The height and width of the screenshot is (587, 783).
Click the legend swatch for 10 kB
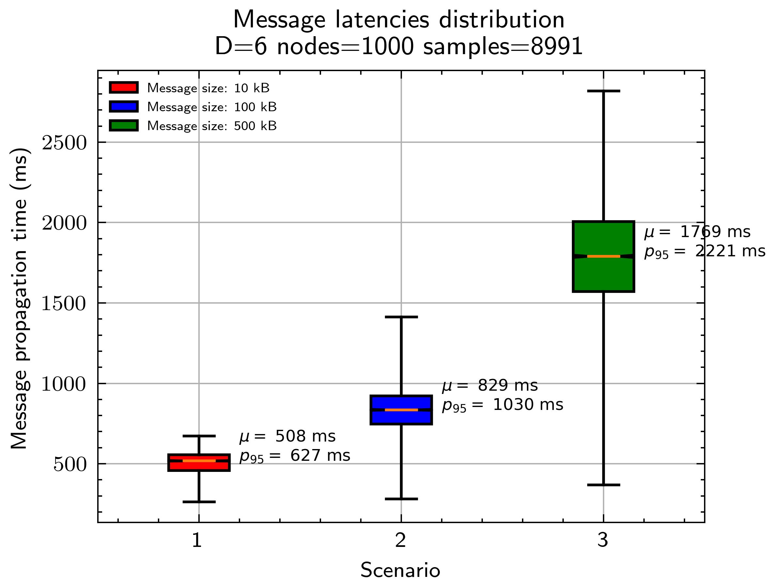pyautogui.click(x=124, y=87)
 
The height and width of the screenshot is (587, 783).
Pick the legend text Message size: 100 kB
pyautogui.click(x=212, y=107)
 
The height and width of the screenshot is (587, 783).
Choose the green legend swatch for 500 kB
pyautogui.click(x=124, y=126)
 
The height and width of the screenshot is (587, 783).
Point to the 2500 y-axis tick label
pyautogui.click(x=64, y=143)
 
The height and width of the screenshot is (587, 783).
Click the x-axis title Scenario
pyautogui.click(x=400, y=570)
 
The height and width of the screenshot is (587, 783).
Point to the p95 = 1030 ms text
pyautogui.click(x=502, y=405)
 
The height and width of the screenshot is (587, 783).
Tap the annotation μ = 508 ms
pyautogui.click(x=287, y=436)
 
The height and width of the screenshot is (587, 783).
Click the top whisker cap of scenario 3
pyautogui.click(x=603, y=91)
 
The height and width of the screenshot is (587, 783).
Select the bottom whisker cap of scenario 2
pyautogui.click(x=401, y=499)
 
